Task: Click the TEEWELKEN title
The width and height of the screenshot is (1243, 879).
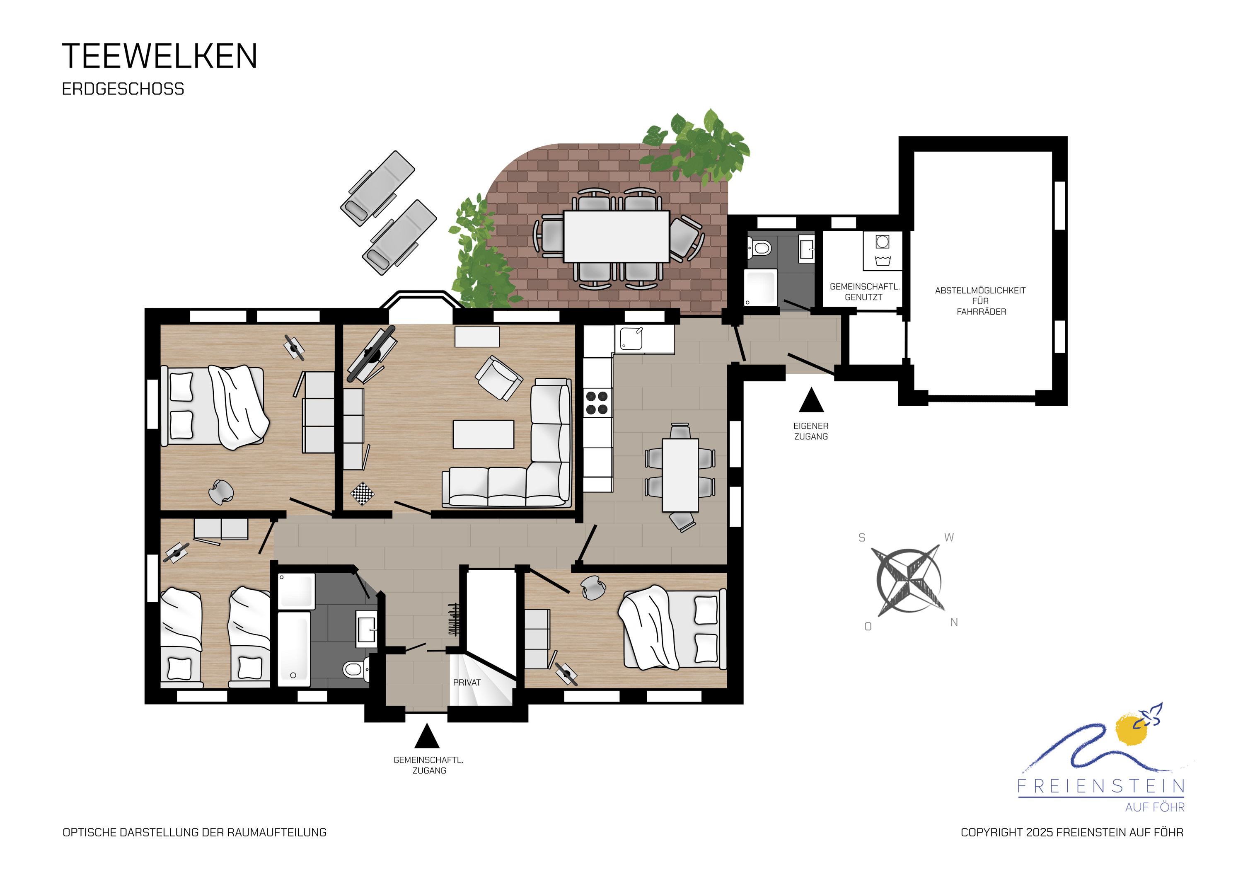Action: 160,56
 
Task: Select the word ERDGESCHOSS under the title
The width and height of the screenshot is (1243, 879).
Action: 123,89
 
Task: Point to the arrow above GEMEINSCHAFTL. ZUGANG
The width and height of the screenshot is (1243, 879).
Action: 427,736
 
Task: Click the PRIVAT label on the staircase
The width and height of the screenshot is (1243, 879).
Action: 467,683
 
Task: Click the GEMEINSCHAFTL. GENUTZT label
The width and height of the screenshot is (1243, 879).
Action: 864,292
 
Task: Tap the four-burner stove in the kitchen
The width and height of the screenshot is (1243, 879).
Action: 597,402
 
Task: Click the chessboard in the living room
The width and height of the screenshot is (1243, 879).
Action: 362,494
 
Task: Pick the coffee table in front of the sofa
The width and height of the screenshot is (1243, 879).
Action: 484,434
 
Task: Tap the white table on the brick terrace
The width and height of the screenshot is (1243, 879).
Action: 616,236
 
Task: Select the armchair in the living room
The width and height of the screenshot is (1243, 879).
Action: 498,378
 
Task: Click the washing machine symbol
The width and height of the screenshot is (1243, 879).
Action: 883,251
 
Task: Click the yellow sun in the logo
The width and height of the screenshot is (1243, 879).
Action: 1132,731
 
